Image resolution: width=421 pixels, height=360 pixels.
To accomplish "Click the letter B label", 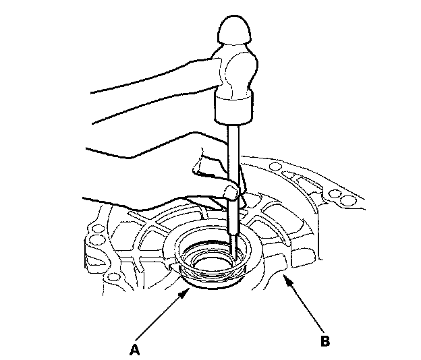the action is click(325, 341).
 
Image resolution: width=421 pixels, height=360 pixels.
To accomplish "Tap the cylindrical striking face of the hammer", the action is click(233, 106).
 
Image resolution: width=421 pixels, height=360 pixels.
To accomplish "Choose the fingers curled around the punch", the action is click(209, 169).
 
